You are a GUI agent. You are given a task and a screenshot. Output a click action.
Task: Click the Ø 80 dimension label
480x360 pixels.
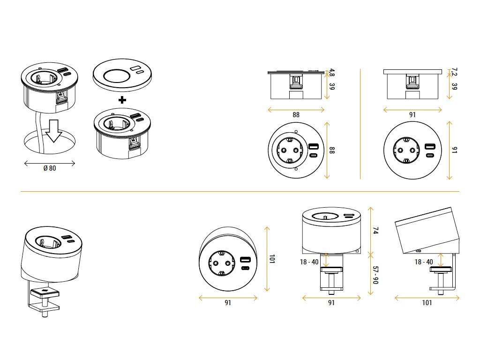pos(49,168)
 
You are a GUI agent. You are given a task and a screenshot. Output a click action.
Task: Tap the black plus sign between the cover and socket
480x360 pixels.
pos(122,100)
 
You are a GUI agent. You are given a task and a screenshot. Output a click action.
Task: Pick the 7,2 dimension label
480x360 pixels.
pos(454,72)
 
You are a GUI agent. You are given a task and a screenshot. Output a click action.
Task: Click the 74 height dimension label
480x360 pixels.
pos(375,231)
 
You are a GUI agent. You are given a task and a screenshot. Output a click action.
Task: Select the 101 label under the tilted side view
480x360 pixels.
pos(427,303)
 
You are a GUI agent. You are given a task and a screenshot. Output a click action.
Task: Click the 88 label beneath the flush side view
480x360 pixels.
pos(296,114)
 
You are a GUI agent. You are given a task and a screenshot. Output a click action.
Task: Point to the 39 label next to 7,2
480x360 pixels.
pos(454,87)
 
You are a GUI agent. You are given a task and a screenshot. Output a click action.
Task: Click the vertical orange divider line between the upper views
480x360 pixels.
pos(360,124)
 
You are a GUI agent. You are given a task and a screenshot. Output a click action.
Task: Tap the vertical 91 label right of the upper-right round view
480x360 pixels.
pos(454,150)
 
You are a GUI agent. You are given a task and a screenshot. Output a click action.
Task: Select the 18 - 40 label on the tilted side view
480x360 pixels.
pos(424,262)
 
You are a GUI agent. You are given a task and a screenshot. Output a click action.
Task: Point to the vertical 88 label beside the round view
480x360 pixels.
pos(332,150)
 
